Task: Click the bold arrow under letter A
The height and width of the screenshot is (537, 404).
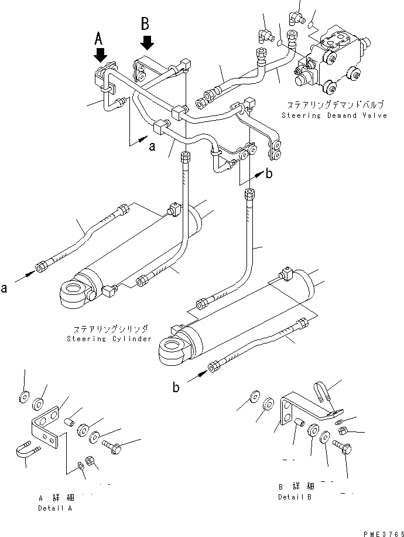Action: [x=101, y=55]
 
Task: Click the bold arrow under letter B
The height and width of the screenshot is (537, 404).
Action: [x=147, y=42]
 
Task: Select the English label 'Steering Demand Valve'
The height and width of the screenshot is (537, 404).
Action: [x=334, y=115]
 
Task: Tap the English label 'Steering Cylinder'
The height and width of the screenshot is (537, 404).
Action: [x=109, y=338]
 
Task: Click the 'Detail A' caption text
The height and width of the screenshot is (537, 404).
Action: [x=55, y=508]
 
